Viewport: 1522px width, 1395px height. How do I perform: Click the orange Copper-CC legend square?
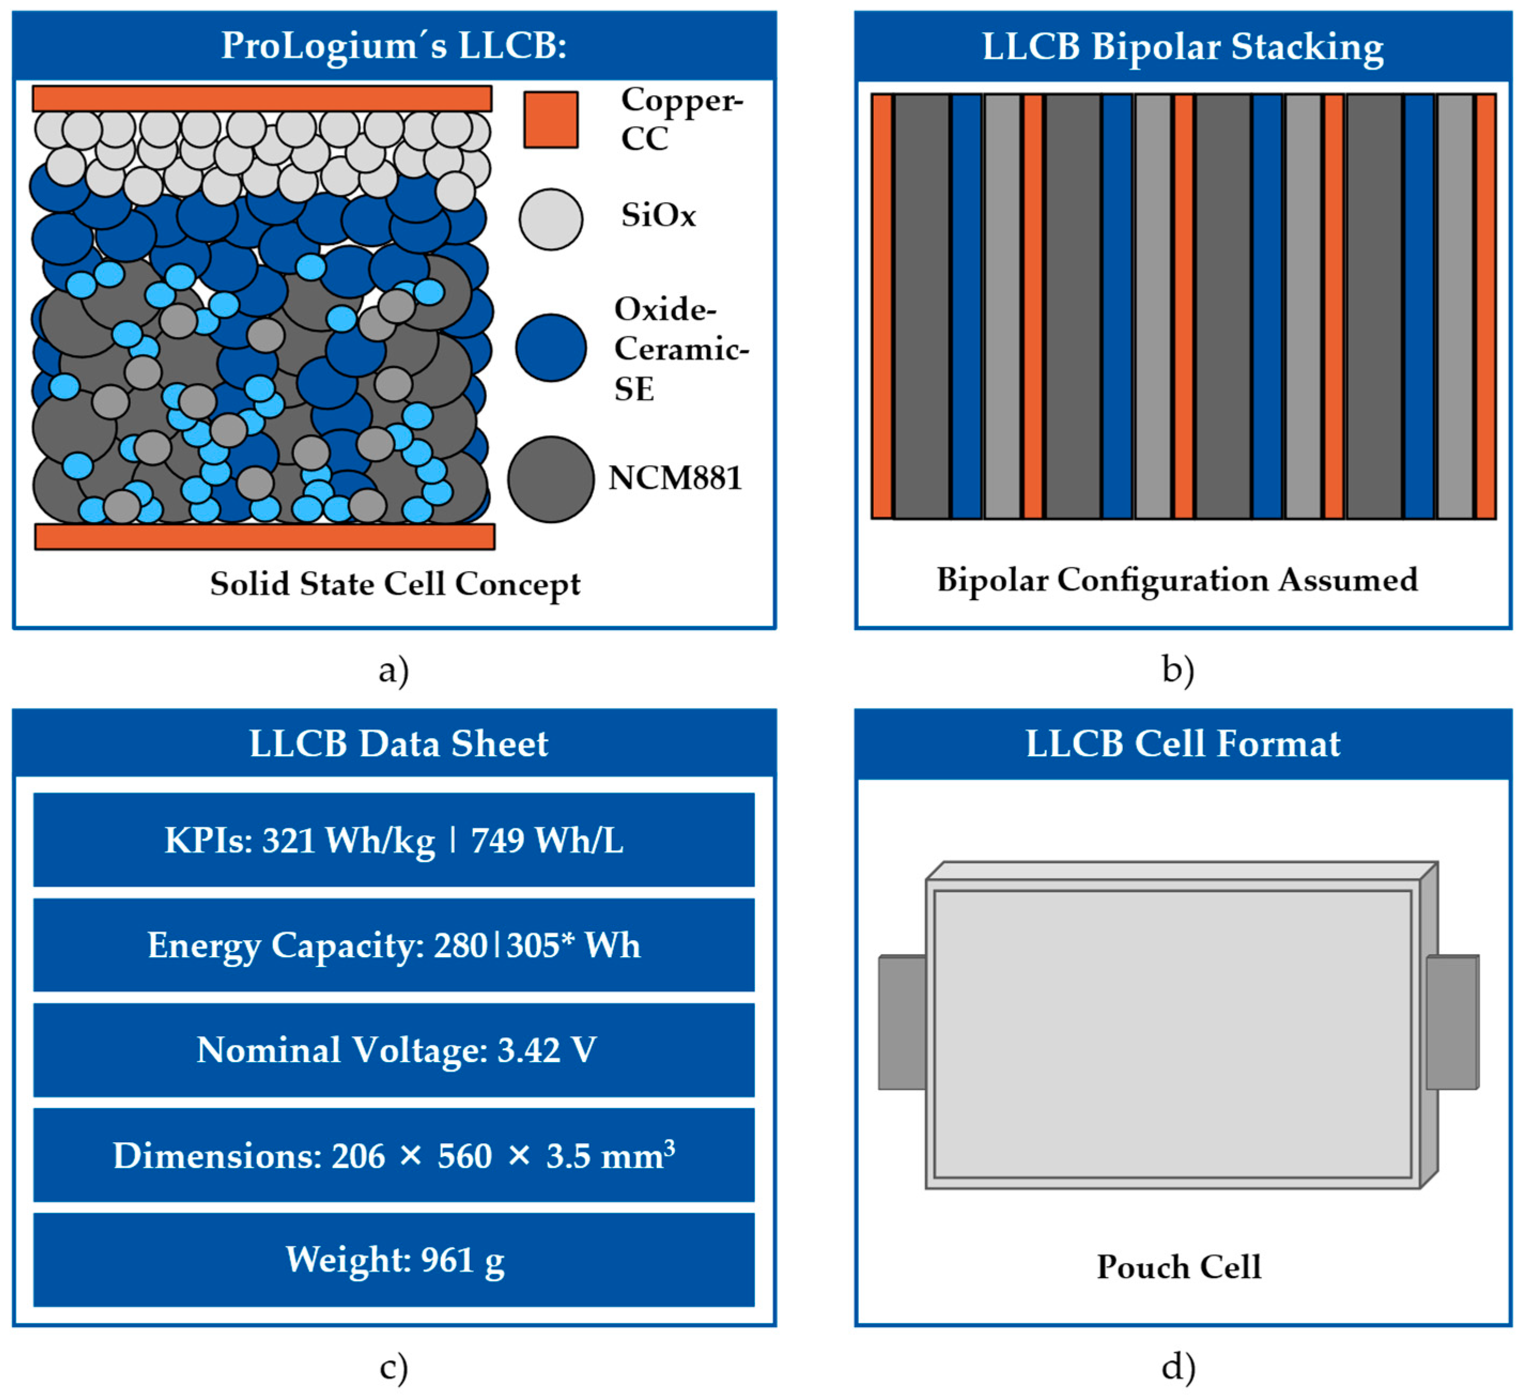tap(550, 120)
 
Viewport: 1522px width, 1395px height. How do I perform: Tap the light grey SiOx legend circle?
tap(550, 219)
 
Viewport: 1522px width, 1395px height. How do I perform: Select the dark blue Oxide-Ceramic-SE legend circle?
tap(550, 347)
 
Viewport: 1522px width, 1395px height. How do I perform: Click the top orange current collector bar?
tap(262, 99)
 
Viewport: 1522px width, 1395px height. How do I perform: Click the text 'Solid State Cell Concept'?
tap(395, 584)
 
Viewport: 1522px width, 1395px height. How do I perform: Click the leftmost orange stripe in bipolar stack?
tap(881, 306)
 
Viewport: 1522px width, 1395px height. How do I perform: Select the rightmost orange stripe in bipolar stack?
tap(1485, 306)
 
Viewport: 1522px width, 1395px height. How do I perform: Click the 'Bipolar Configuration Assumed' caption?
tap(1177, 580)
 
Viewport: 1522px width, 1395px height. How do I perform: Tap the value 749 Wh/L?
tap(547, 840)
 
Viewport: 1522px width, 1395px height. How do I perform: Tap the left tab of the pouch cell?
tap(902, 1023)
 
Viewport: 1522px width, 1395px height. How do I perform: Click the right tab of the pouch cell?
tap(1451, 1023)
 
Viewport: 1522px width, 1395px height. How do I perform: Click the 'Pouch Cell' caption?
tap(1178, 1267)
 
